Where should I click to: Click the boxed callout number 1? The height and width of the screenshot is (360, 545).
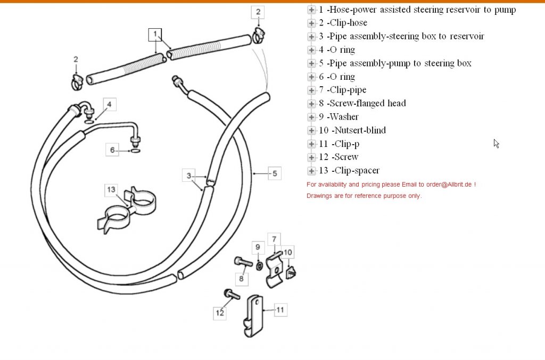(155, 35)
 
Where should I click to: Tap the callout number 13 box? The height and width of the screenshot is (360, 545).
(111, 189)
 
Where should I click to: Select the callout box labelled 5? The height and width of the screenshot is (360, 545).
(274, 173)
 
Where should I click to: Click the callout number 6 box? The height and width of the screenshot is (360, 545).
(112, 150)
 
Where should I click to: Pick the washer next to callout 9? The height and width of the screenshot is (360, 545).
(258, 265)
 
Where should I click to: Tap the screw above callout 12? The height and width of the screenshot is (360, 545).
(232, 294)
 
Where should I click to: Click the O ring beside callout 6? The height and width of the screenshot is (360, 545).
(135, 151)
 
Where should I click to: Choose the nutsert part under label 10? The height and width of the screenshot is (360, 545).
(290, 272)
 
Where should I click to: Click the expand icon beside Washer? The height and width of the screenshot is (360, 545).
(311, 117)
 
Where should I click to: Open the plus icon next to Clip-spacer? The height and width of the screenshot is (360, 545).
(311, 171)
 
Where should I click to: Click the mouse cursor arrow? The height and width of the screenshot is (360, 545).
(496, 143)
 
